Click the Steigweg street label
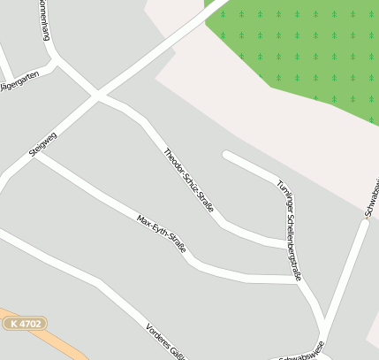[x=42, y=144]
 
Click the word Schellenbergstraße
[x=293, y=247]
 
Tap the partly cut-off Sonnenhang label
[x=42, y=19]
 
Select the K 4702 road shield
[x=24, y=325]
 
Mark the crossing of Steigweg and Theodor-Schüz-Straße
[x=98, y=95]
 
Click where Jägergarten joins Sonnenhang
[x=55, y=63]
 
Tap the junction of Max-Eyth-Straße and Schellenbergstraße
[x=299, y=279]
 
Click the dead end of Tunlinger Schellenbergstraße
[x=226, y=156]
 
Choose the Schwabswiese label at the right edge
[x=371, y=198]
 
